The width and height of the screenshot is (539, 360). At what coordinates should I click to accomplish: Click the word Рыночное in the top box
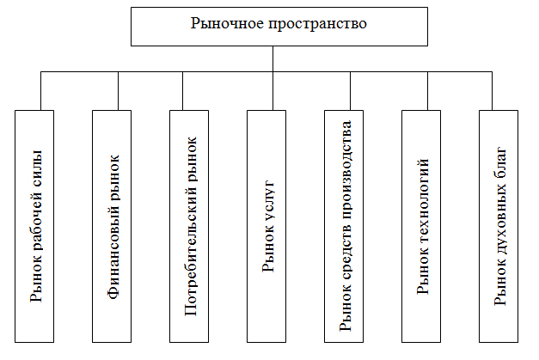(228, 24)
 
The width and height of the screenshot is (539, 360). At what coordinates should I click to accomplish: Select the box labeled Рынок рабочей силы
(34, 226)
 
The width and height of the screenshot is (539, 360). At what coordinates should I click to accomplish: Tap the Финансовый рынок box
(112, 226)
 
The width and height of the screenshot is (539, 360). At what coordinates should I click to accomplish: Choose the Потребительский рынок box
(189, 226)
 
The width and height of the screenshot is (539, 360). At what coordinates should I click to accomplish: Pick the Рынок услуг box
(266, 226)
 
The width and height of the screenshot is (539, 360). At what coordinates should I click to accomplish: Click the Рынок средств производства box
(344, 226)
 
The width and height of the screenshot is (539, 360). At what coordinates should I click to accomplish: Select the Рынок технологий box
(421, 226)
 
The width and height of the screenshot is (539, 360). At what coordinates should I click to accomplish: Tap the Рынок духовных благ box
(499, 226)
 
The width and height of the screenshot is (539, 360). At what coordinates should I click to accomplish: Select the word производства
(346, 170)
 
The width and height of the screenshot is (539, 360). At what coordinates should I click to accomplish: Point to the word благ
(500, 163)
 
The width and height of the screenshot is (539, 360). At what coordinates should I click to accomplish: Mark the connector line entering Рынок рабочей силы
(41, 91)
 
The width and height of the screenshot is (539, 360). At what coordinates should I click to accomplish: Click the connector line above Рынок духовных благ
(492, 91)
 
